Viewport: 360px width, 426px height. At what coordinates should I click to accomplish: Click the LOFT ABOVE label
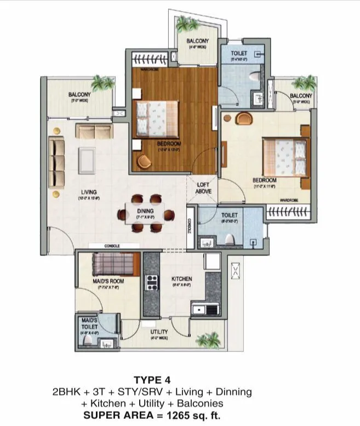tap(204, 188)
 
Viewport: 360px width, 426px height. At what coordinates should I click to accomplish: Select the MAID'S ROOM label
tap(108, 281)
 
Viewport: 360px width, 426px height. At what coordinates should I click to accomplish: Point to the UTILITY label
tap(159, 332)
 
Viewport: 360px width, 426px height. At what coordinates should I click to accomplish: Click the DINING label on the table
tap(146, 211)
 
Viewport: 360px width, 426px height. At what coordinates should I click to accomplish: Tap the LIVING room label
tap(88, 192)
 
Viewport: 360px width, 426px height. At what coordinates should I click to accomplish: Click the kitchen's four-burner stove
tap(151, 283)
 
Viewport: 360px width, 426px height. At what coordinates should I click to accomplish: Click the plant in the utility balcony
tap(208, 340)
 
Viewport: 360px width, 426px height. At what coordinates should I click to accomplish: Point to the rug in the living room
tap(86, 160)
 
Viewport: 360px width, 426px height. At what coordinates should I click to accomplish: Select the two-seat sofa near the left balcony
tap(94, 131)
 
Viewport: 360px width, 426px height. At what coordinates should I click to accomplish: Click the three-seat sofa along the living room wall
tap(56, 162)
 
